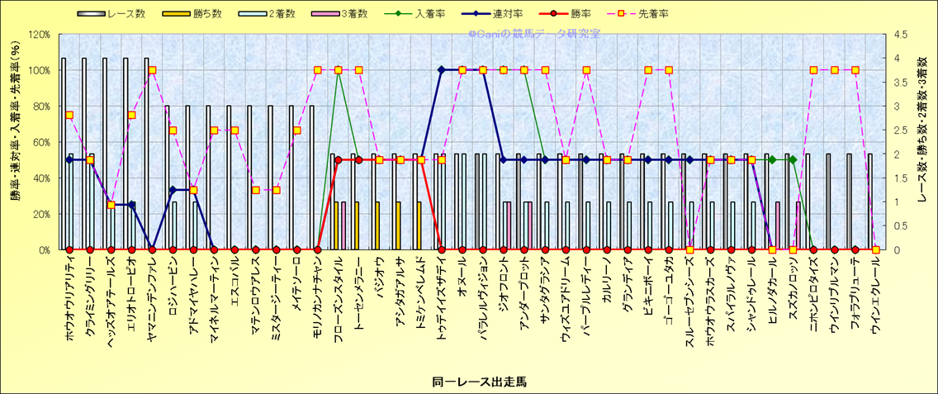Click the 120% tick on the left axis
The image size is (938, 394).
(40, 35)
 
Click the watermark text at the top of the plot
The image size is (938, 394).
(534, 35)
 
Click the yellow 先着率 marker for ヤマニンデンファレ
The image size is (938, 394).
(152, 70)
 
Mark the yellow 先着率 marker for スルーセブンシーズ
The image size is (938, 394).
(689, 249)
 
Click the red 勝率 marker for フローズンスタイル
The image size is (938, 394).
(339, 160)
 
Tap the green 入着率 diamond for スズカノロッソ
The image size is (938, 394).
(793, 160)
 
